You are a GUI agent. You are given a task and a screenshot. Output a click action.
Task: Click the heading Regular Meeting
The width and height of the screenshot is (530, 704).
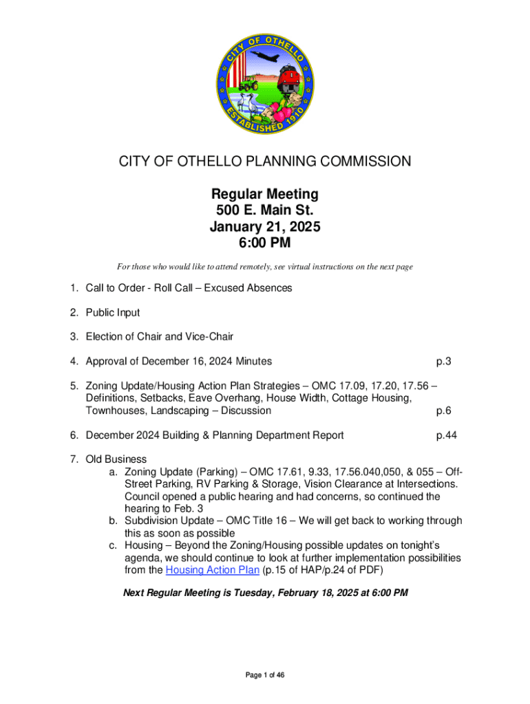265,195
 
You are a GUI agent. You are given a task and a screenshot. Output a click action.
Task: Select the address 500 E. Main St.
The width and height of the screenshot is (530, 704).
265,210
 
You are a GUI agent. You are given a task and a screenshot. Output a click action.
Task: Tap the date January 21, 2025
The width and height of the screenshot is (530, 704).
265,227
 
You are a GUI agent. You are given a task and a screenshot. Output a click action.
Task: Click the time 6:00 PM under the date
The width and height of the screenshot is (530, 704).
265,243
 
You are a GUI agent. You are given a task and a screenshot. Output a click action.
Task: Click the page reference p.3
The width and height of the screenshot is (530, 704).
443,362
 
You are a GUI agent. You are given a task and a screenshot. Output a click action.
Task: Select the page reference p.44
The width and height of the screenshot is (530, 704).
447,435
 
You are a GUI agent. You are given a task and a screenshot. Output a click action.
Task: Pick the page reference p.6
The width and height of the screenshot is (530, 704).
443,411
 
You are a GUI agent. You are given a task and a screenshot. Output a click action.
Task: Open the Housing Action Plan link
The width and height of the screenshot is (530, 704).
213,570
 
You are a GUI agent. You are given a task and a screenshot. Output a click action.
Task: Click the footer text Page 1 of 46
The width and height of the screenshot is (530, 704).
265,676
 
